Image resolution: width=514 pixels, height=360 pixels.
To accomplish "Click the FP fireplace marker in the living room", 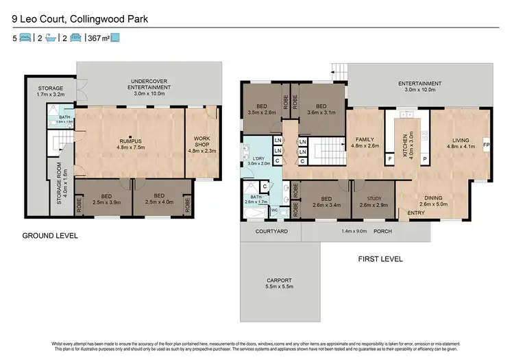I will point(486,146).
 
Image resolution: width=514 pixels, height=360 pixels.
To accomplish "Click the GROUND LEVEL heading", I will point(49,237).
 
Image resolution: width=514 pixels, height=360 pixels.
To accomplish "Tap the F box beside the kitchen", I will point(390,158).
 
